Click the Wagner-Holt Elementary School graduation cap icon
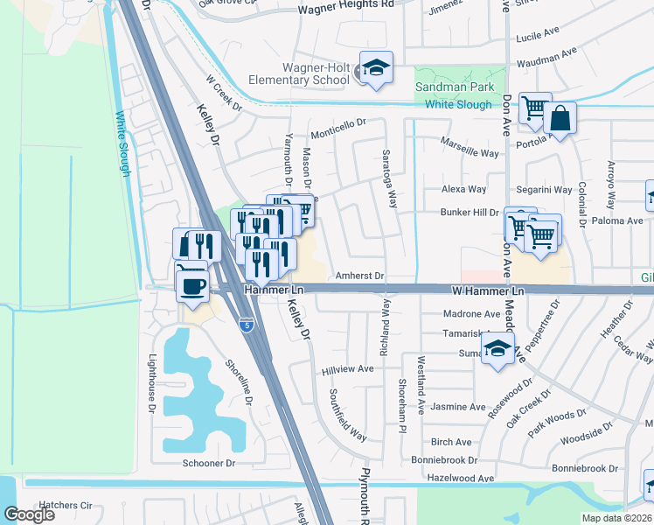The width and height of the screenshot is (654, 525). click(376, 68)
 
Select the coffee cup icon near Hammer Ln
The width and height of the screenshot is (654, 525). click(192, 285)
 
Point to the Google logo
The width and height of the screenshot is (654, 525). click(29, 514)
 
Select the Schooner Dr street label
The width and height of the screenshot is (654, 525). click(209, 463)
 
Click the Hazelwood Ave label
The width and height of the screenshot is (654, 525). click(461, 479)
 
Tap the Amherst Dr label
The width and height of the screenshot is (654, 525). click(360, 276)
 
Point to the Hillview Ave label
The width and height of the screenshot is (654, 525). click(348, 369)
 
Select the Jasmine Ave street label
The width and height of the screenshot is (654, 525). click(458, 407)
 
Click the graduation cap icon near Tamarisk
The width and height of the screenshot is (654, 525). click(497, 350)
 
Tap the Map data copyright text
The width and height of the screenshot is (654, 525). click(616, 518)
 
